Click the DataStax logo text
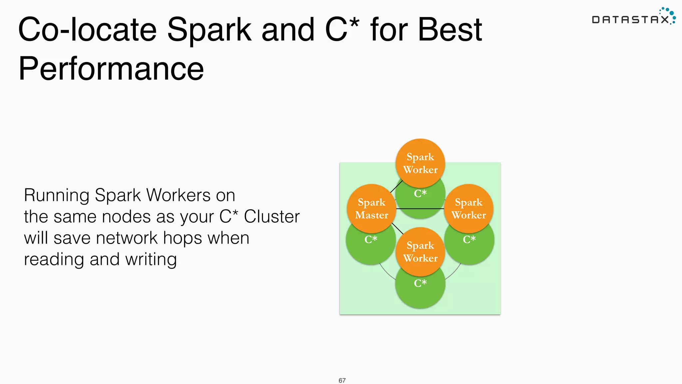click(x=630, y=20)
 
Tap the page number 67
click(x=342, y=380)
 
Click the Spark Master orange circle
click(x=372, y=209)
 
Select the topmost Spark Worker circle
click(x=420, y=163)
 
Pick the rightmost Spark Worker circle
click(x=469, y=209)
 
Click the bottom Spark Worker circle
click(x=420, y=252)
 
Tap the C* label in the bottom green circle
click(x=420, y=283)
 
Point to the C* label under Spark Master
click(x=371, y=239)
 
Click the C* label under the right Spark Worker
click(x=469, y=239)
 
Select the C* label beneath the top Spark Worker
click(x=420, y=193)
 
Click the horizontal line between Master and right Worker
click(x=420, y=209)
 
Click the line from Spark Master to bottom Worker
click(x=397, y=228)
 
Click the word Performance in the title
click(x=111, y=69)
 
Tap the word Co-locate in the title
click(x=87, y=30)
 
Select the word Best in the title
click(x=450, y=30)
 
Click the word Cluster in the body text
click(x=272, y=217)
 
